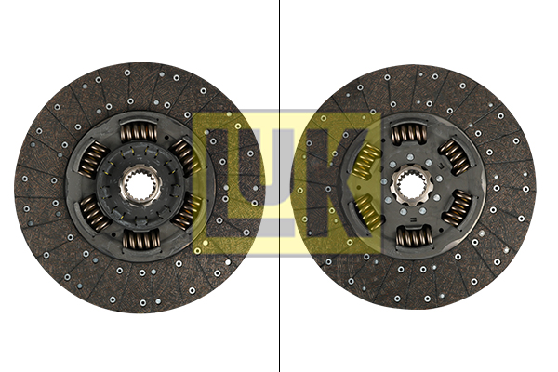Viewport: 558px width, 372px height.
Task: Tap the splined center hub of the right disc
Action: pos(410,183)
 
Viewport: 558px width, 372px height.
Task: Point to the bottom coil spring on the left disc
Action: pos(140,239)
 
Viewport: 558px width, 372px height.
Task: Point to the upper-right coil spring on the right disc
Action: pos(455,157)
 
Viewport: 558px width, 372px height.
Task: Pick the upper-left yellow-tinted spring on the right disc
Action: pos(366,159)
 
